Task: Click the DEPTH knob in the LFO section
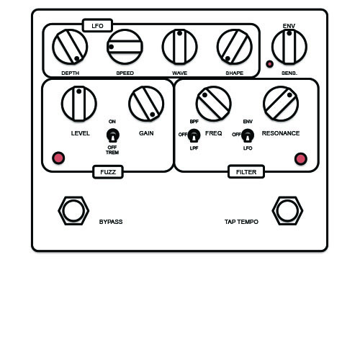coord(70,47)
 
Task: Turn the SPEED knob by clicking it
coord(125,47)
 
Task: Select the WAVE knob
coord(180,47)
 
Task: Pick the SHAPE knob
coord(235,47)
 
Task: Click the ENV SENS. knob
coord(289,47)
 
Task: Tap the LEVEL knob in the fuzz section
coord(79,104)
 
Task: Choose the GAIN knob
coord(146,104)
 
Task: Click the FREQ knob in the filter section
coord(213,104)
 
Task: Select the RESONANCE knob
coord(281,104)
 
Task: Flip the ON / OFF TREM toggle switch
coord(112,135)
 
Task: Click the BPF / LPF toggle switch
coord(194,135)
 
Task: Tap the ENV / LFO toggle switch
coord(248,135)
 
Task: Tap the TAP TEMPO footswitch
coord(287,211)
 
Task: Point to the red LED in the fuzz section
coord(58,158)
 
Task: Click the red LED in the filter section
coord(301,159)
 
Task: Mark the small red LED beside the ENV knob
coord(270,64)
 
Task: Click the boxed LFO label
coord(97,25)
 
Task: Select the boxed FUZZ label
coord(108,172)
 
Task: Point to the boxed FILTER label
coord(246,172)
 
